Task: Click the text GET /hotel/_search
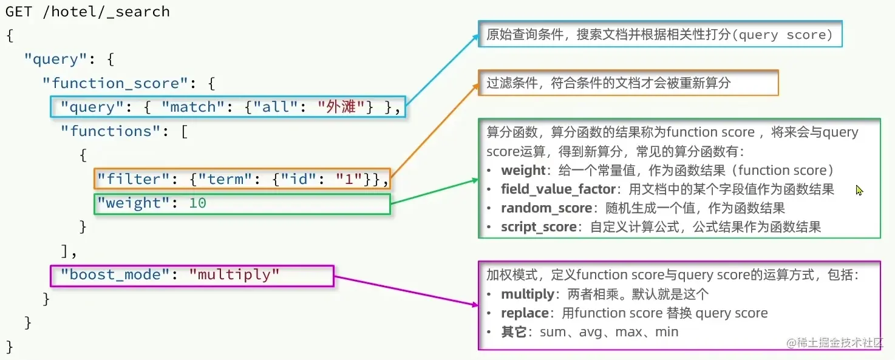(x=87, y=12)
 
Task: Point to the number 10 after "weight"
(x=197, y=203)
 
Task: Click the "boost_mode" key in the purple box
(x=110, y=274)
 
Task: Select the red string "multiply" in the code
(x=234, y=274)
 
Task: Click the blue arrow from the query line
(x=442, y=69)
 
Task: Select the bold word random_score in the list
(x=546, y=208)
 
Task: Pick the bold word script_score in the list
(x=539, y=227)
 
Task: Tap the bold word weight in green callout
(x=523, y=171)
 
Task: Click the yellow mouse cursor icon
(x=859, y=191)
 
